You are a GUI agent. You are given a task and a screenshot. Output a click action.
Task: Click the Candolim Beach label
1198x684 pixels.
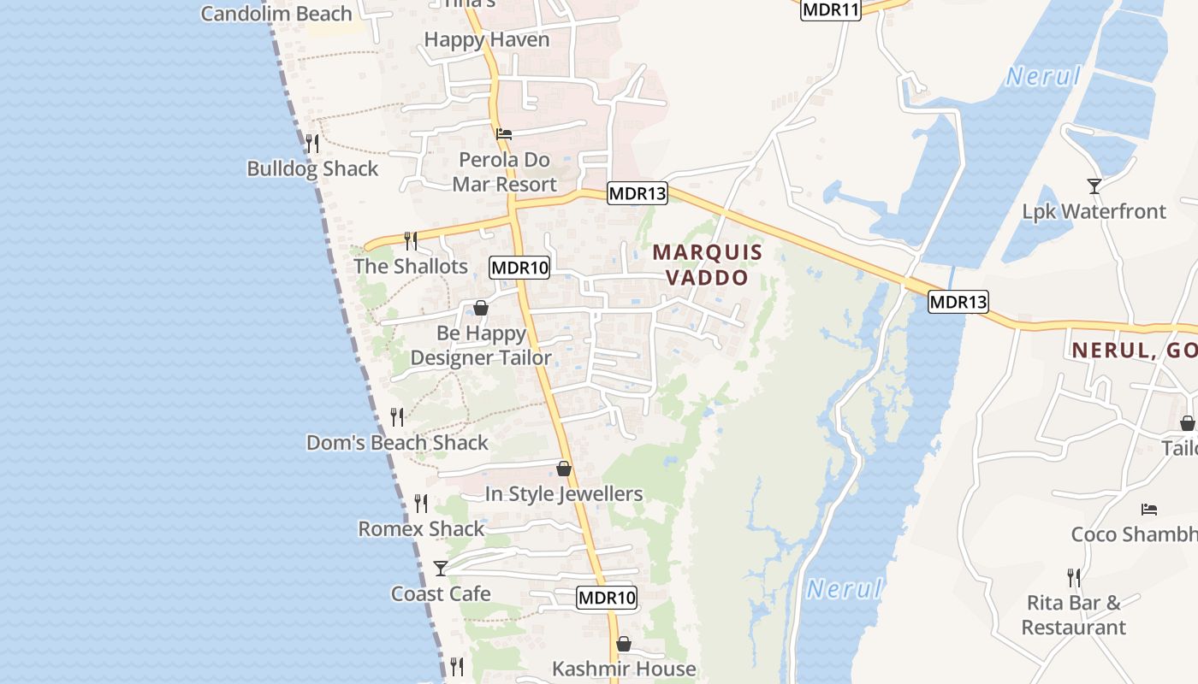coord(276,14)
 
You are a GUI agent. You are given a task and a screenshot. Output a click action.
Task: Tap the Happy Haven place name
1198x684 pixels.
coord(486,39)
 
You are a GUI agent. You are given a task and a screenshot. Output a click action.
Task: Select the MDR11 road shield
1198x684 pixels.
coord(830,9)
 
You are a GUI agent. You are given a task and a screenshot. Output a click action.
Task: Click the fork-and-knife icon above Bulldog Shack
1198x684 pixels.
coord(312,143)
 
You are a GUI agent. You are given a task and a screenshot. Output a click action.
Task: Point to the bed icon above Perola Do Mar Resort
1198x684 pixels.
coord(504,134)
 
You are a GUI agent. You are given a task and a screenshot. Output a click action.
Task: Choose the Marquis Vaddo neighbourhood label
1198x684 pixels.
coord(707,264)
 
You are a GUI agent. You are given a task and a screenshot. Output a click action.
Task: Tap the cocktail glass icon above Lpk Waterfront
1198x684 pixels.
coord(1094,186)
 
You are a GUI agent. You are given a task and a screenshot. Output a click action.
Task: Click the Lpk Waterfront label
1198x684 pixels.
coord(1094,211)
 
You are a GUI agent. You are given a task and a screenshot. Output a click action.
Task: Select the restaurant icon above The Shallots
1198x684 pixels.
coord(411,240)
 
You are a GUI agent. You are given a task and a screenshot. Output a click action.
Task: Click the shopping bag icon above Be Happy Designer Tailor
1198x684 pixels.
coord(481,308)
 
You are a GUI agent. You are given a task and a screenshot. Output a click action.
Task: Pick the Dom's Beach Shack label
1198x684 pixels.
coord(397,442)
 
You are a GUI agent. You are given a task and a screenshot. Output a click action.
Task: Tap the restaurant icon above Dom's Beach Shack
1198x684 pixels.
coord(397,416)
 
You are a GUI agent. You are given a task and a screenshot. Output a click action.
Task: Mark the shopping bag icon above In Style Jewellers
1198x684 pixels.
coord(563,469)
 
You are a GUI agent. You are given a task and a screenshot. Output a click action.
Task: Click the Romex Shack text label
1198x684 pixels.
coord(421,528)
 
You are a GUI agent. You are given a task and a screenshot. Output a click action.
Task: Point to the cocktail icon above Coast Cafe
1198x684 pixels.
coord(440,568)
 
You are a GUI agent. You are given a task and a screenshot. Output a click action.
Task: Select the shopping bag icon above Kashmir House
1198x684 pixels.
coord(624,644)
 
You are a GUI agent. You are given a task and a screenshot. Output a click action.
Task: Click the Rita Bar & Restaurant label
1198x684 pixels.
coord(1073,615)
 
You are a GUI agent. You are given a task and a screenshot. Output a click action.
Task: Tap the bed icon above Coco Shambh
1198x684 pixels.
coord(1149,510)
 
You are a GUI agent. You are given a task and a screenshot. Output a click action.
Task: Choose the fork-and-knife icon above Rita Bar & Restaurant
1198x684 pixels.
coord(1073,577)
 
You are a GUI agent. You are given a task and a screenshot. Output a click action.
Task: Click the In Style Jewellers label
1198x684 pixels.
coord(563,493)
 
